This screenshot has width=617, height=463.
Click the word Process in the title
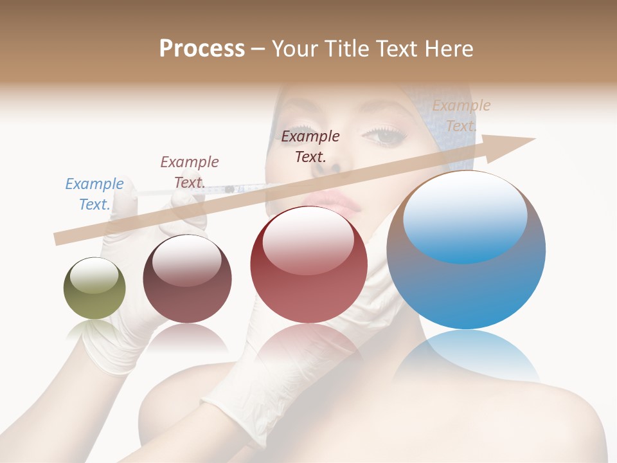tap(202, 49)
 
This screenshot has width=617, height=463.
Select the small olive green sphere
tap(94, 288)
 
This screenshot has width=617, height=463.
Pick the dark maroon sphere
tap(187, 278)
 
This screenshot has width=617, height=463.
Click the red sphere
tap(308, 265)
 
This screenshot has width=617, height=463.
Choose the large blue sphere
tap(466, 250)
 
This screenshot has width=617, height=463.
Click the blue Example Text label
tap(94, 194)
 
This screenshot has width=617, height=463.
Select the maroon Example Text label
tap(189, 172)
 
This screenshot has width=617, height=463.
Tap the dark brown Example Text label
tap(310, 146)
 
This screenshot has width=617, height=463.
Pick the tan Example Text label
tap(461, 116)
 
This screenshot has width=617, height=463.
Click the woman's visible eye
tap(387, 135)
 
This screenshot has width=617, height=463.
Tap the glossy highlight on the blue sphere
tap(465, 215)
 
